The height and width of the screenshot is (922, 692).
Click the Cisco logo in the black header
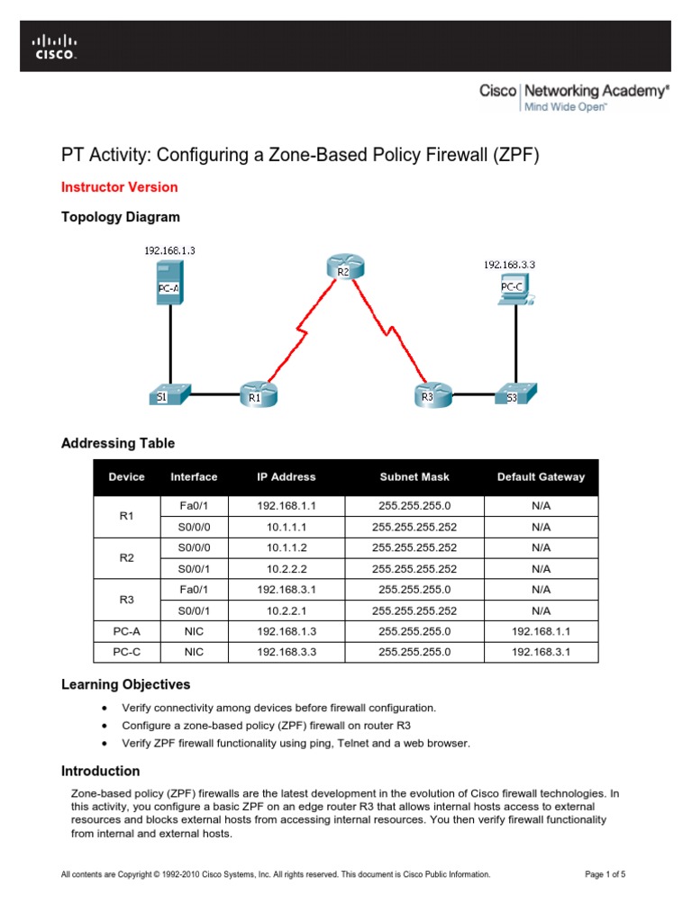[55, 46]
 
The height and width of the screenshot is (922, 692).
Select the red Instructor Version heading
[119, 187]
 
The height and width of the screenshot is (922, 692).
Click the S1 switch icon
[168, 394]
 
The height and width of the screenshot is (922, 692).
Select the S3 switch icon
[516, 394]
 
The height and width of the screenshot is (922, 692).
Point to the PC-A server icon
[168, 282]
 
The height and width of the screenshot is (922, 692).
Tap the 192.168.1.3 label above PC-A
[169, 250]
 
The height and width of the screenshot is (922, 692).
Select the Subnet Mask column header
[414, 477]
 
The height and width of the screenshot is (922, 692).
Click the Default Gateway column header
[541, 477]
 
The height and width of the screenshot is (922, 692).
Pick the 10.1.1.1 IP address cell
[287, 528]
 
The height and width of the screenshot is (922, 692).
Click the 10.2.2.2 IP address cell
[287, 569]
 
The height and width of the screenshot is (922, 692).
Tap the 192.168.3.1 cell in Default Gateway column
[541, 652]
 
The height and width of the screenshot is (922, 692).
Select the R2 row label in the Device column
[126, 558]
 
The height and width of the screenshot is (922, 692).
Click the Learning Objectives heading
[125, 684]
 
